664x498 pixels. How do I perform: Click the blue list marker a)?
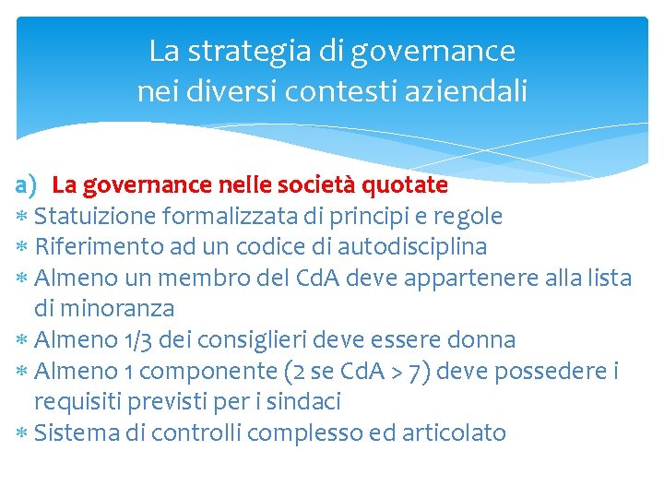click(x=26, y=185)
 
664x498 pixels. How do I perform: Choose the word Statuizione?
click(x=95, y=217)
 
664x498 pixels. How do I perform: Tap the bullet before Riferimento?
click(x=22, y=248)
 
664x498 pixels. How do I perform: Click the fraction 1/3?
click(x=137, y=339)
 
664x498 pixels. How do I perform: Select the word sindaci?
click(x=305, y=401)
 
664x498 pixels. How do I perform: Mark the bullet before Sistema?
click(x=22, y=433)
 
